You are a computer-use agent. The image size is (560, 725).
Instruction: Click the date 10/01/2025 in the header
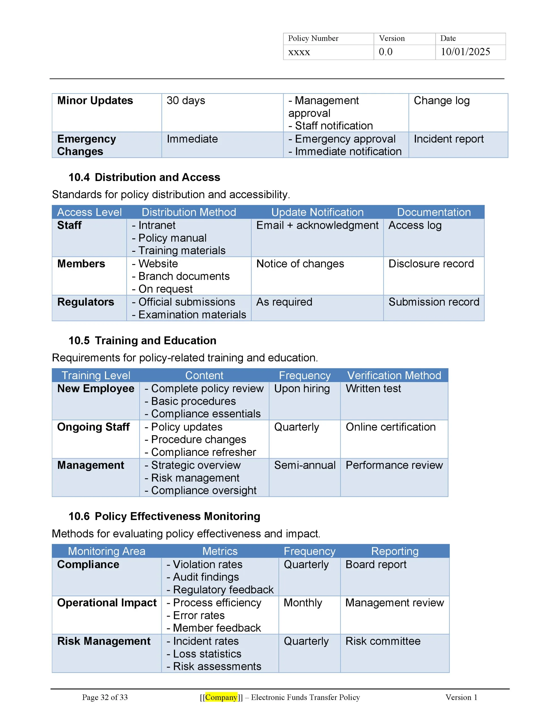[465, 52]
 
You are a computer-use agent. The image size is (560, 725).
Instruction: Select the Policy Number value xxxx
[299, 52]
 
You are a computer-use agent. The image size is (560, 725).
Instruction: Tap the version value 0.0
[385, 52]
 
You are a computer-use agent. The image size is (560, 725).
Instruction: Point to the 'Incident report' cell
[448, 139]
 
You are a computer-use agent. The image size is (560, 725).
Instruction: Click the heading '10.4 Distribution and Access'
[144, 177]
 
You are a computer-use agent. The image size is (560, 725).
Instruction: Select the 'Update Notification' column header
[317, 212]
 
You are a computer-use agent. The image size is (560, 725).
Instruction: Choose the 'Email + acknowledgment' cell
[317, 225]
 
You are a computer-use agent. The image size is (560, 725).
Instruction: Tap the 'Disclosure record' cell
[431, 264]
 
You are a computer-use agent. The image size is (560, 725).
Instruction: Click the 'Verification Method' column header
[394, 376]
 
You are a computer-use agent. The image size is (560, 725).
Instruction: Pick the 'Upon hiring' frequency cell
[302, 389]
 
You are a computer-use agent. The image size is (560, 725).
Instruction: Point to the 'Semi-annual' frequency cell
[305, 465]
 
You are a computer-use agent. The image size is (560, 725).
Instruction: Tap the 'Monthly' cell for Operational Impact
[303, 603]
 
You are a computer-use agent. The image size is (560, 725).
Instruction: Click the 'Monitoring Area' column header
[106, 551]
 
